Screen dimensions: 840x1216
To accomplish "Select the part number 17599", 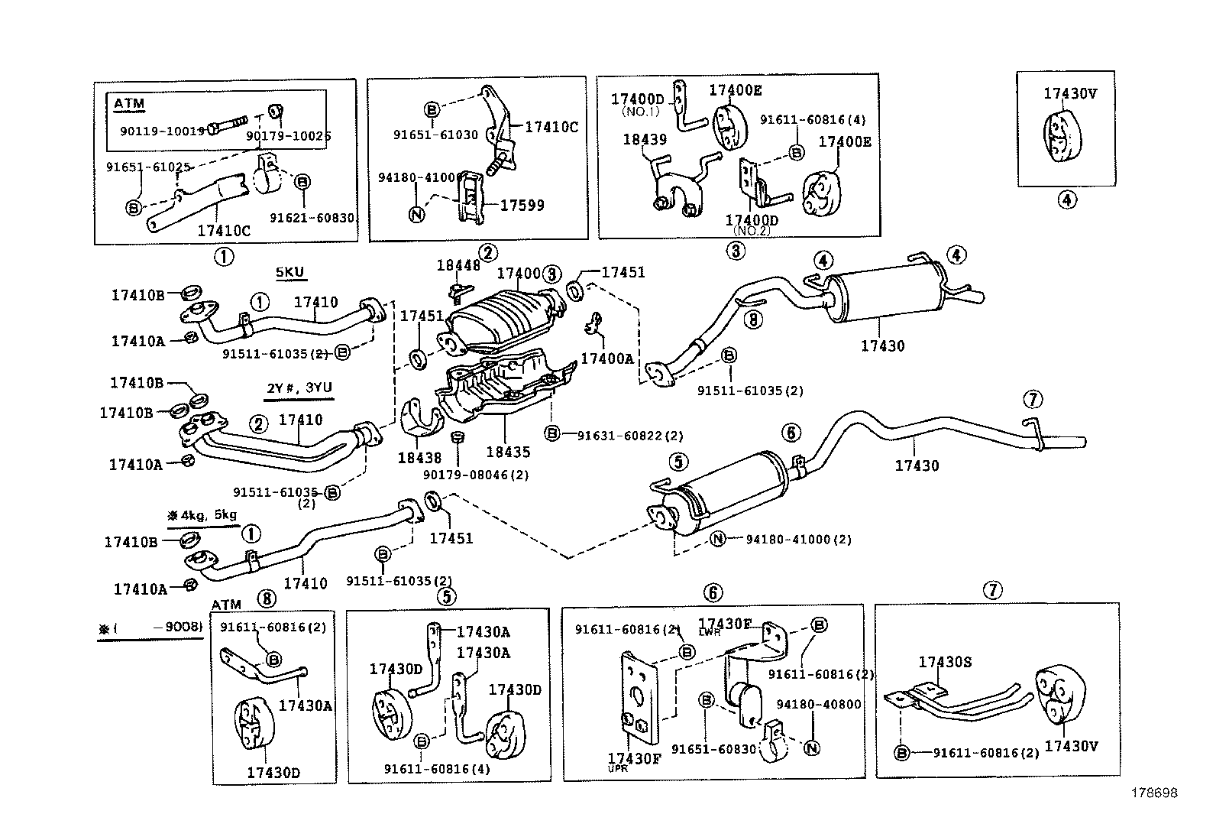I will pos(522,205).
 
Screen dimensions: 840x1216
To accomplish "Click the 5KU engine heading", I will pos(292,273).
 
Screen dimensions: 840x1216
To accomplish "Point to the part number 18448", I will pos(458,265).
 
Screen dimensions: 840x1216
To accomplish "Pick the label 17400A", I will pos(606,358).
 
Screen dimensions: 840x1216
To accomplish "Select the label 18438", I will pos(419,458).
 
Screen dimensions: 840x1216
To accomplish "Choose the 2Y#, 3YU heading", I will pos(299,388).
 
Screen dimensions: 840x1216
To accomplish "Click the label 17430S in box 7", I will pos(945,662).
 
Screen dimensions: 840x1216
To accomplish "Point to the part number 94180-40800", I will pos(819,704).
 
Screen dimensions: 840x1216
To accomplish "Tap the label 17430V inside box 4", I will pos(1069,94).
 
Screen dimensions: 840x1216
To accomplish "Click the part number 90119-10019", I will pos(162,131).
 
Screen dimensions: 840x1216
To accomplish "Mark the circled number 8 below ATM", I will pos(266,599).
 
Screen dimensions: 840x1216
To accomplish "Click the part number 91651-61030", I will pos(435,135).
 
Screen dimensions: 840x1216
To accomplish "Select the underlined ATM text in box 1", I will pos(129,104).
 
